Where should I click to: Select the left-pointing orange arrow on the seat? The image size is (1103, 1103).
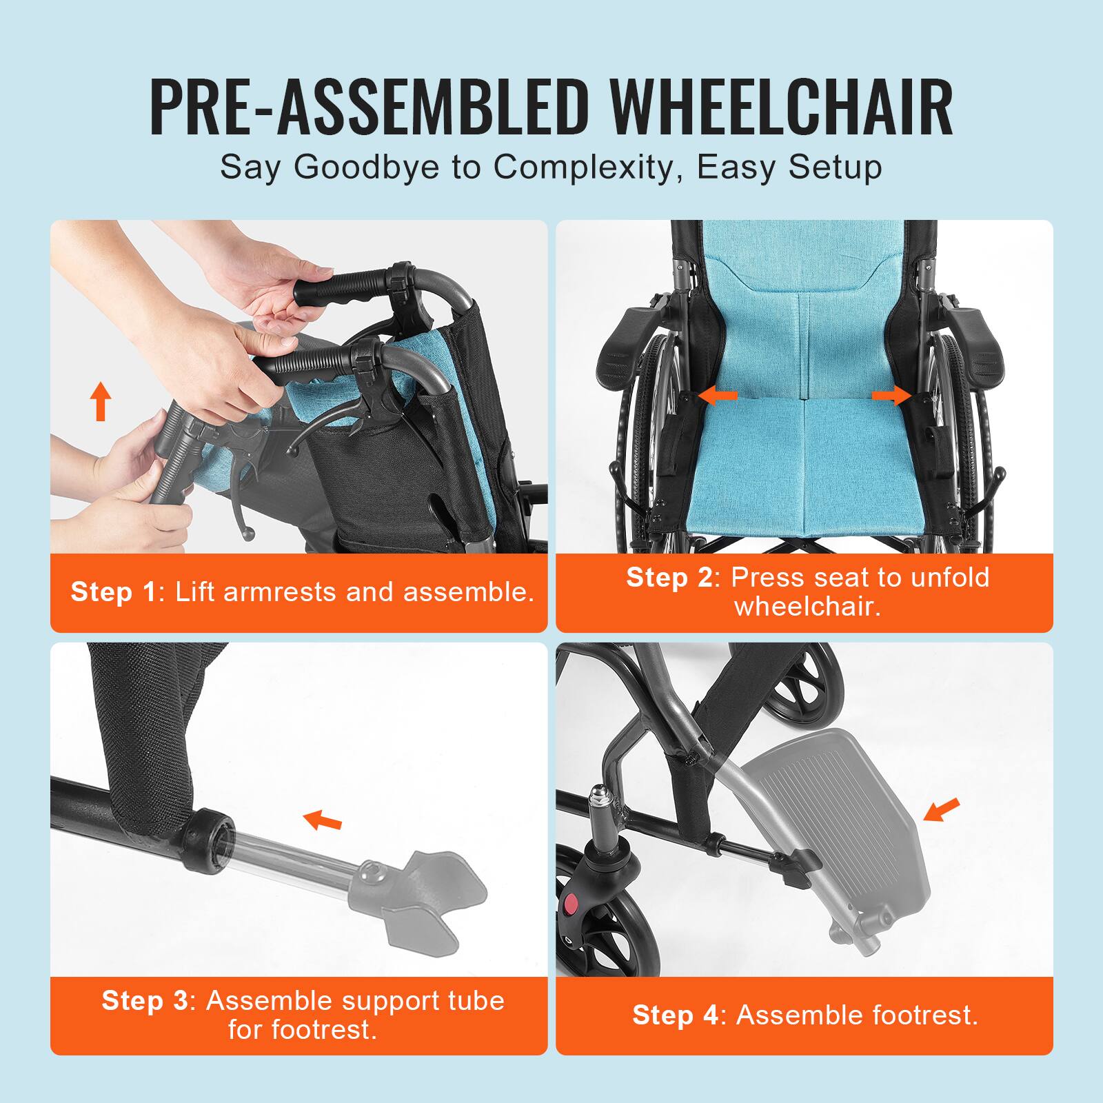pos(718,396)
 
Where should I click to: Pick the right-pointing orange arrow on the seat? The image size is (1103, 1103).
pos(891,396)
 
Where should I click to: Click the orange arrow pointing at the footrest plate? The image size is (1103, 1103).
pos(941,810)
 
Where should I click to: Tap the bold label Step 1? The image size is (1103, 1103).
pos(114,592)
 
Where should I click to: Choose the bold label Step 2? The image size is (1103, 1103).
pos(669,578)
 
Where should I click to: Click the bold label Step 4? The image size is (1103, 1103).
pos(675,1015)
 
